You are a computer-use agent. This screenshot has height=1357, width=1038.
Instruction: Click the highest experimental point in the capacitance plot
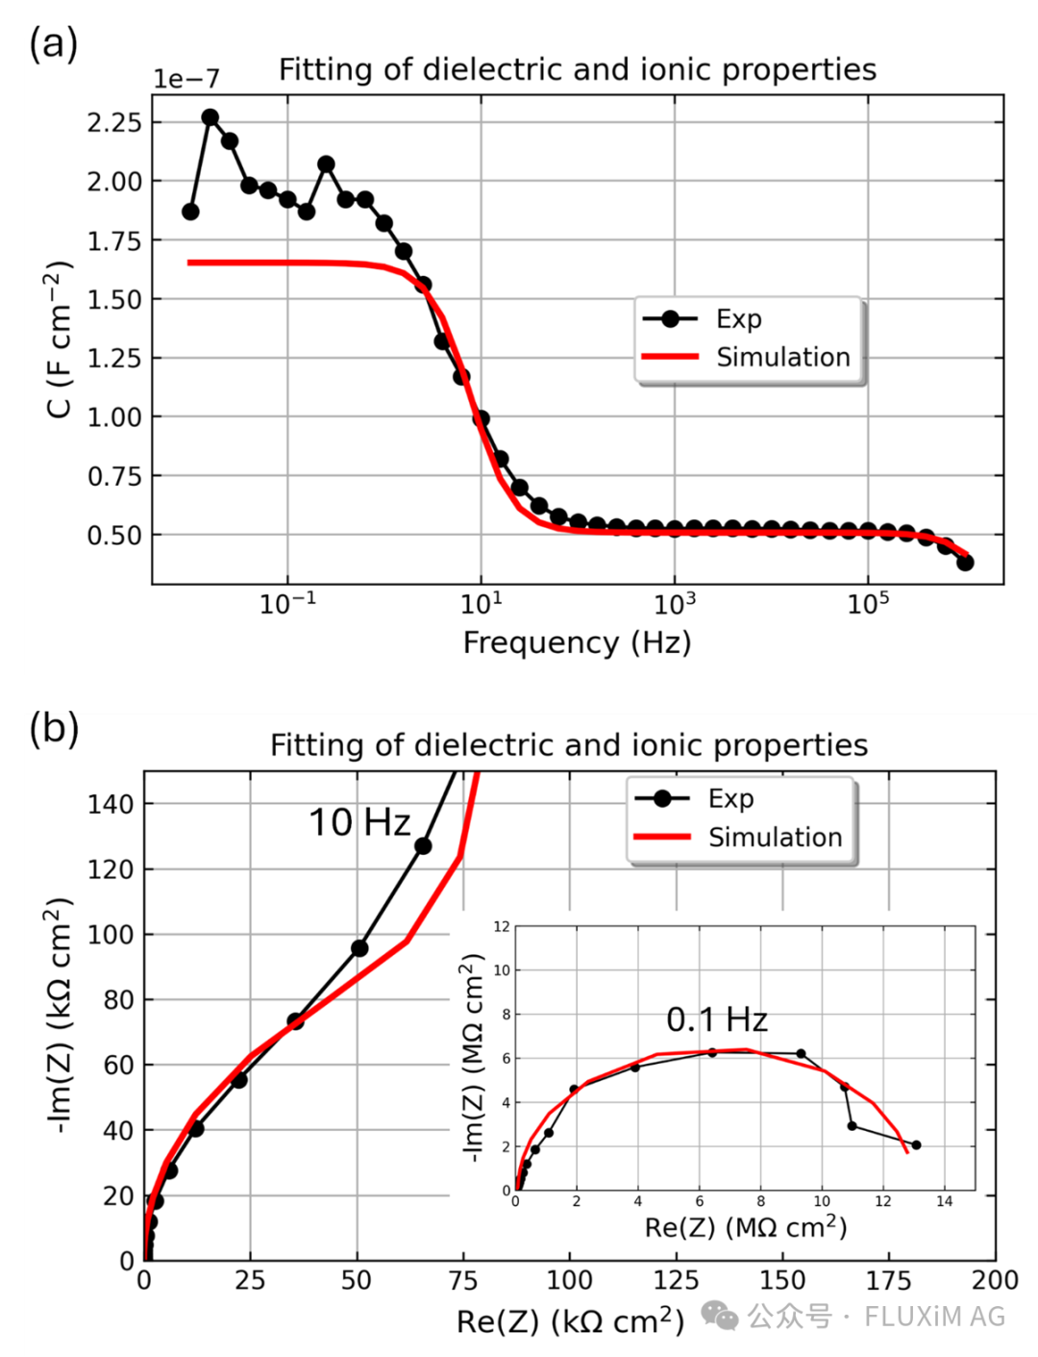[210, 117]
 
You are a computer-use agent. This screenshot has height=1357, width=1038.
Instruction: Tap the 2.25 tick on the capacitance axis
[114, 122]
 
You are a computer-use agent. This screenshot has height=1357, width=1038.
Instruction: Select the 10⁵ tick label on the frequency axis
[868, 604]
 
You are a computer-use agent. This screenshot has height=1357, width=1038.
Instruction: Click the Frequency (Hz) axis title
[577, 642]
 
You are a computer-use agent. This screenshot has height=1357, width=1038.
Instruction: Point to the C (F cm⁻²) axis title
[59, 339]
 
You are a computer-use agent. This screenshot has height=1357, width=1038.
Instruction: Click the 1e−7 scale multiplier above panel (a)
[186, 79]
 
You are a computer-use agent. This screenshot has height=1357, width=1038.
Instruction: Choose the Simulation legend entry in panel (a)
[782, 357]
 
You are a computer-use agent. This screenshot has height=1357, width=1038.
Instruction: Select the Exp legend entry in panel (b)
[730, 798]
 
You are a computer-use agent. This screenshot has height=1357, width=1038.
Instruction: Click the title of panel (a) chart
[577, 69]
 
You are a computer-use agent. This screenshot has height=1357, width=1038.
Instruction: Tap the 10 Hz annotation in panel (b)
[359, 822]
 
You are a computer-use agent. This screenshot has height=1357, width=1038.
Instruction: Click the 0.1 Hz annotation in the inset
[717, 1019]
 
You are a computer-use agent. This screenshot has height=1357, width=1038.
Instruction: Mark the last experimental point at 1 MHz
[965, 562]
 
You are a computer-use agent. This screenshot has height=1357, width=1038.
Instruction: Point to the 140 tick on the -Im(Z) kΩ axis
[111, 804]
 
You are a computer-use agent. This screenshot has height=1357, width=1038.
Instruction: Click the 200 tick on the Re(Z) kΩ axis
[995, 1280]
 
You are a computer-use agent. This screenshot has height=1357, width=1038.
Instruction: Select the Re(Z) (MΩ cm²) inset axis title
[746, 1227]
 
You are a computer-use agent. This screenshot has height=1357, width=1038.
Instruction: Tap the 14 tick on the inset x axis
[944, 1201]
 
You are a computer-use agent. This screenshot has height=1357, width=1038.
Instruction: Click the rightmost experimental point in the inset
[916, 1144]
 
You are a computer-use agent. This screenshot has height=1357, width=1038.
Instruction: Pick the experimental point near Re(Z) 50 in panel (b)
[359, 948]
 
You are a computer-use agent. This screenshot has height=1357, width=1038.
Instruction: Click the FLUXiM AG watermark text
[934, 1316]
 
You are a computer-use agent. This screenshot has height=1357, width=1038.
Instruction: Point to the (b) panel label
[54, 728]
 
